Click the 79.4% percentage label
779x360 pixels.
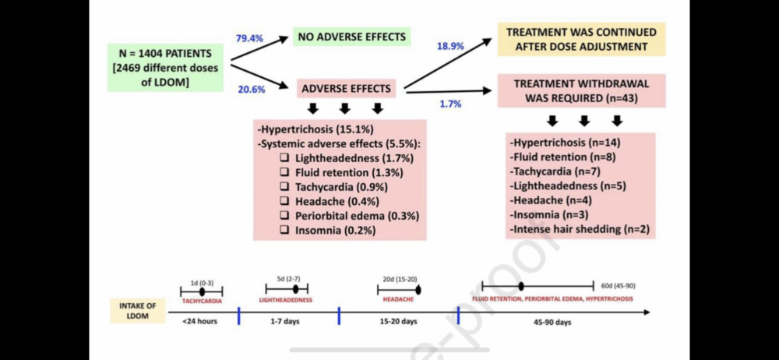coord(251,37)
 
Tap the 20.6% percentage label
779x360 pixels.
coord(251,89)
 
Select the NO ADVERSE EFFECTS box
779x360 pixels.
coord(351,37)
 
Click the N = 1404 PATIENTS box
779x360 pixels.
coord(166,69)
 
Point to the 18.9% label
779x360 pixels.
coord(450,46)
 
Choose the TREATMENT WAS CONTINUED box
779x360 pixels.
coord(581,39)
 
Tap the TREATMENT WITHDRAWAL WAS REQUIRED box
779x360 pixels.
coord(581,90)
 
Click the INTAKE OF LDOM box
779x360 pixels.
coord(137,310)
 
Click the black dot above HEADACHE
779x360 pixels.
coord(418,290)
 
